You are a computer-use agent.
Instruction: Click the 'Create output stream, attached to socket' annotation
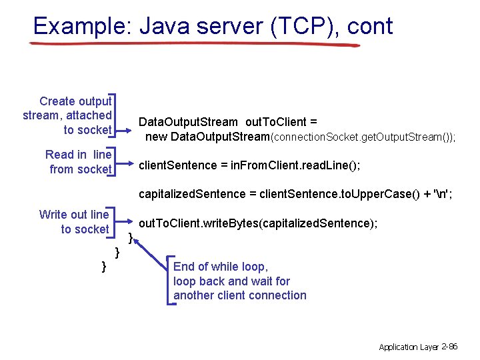pos(68,115)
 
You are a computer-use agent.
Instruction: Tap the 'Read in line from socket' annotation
pos(79,162)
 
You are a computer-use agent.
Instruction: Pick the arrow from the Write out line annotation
pos(125,223)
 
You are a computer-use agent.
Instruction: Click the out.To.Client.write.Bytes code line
pos(258,223)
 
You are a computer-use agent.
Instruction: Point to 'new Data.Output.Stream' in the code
pos(207,137)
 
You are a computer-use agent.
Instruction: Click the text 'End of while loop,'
pos(220,267)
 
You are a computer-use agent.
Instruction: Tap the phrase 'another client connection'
pos(240,295)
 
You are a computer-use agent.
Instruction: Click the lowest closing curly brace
pos(103,267)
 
